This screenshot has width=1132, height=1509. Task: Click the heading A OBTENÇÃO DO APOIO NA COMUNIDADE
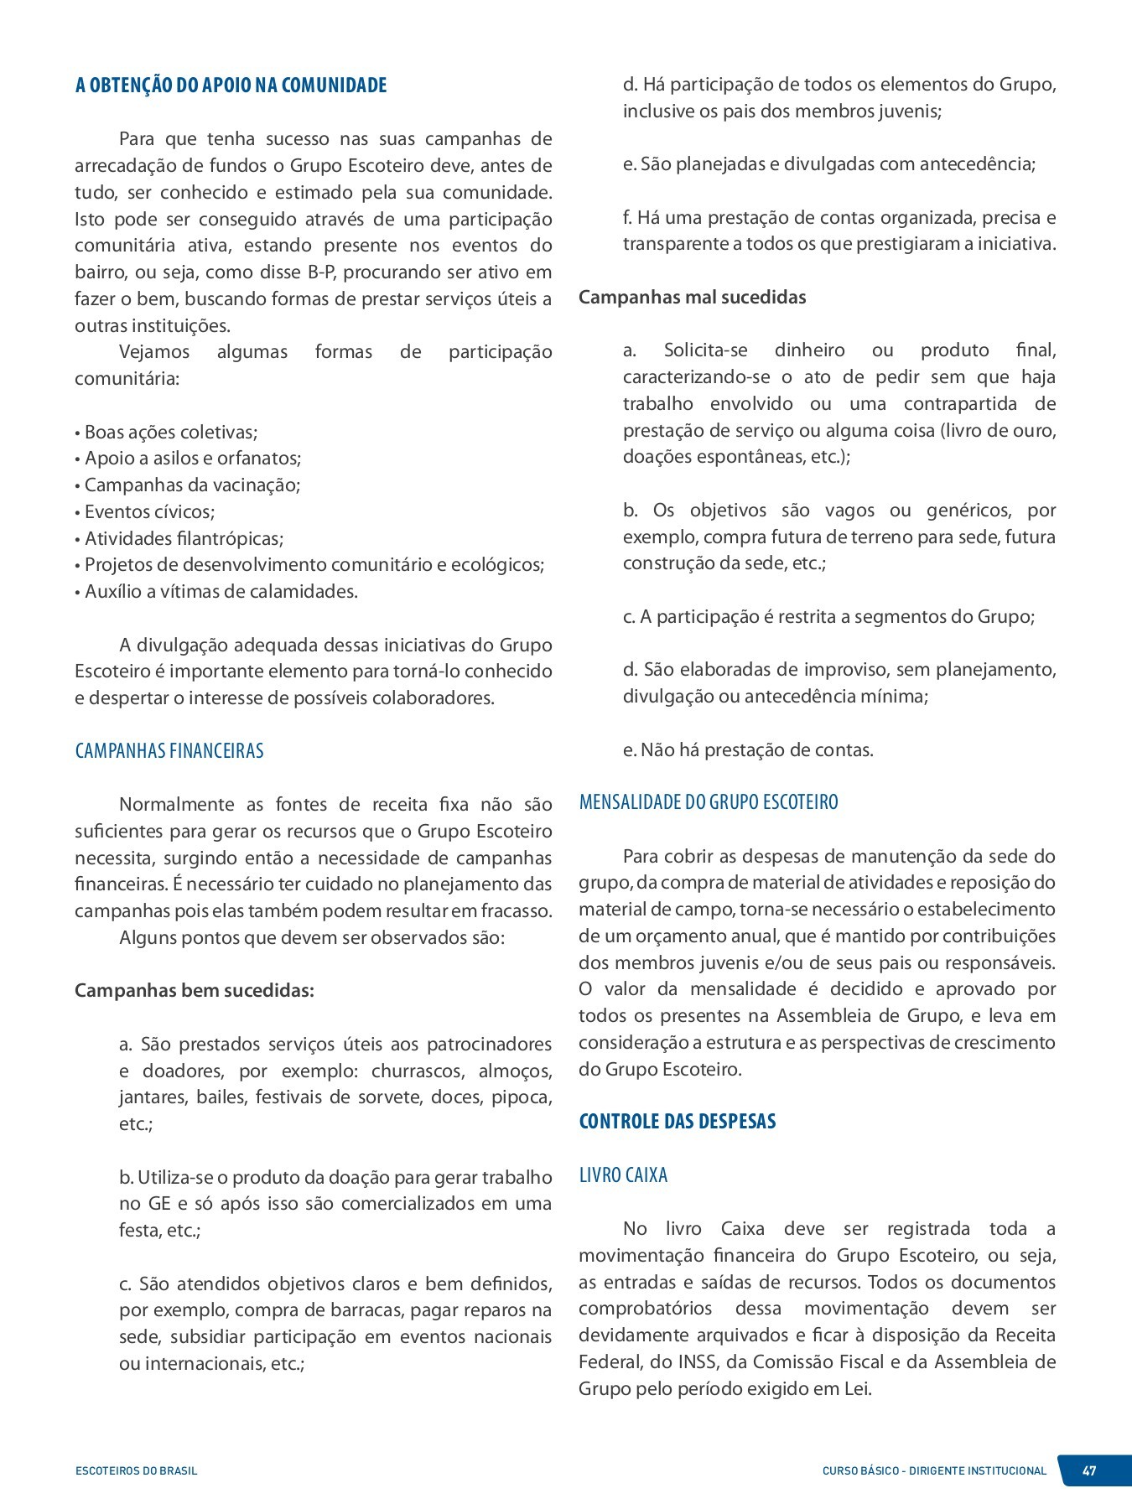click(x=231, y=86)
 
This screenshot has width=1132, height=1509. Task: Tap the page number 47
click(x=1089, y=1470)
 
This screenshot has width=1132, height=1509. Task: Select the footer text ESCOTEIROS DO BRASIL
click(x=137, y=1470)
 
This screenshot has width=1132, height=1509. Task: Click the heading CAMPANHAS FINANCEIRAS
click(x=169, y=750)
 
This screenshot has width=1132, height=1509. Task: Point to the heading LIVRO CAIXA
click(x=623, y=1175)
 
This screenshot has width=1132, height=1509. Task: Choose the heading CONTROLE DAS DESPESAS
click(x=677, y=1122)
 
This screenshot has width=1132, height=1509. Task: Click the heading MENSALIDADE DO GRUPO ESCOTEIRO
click(x=709, y=802)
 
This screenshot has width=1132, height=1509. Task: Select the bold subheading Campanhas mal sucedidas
click(x=692, y=298)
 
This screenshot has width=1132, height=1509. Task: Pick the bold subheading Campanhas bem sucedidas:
click(x=195, y=991)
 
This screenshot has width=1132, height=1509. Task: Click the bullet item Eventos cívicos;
click(x=149, y=511)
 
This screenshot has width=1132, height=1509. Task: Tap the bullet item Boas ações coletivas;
click(x=170, y=433)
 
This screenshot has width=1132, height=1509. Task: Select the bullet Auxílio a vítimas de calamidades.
click(x=221, y=592)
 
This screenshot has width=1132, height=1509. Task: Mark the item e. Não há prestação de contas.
click(x=748, y=750)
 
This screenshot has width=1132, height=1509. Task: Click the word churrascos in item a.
click(x=418, y=1071)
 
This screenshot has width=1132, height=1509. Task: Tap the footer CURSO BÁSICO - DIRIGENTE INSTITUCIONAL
click(x=934, y=1470)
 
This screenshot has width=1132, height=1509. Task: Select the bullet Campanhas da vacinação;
click(x=192, y=485)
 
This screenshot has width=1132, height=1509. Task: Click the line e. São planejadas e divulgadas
click(x=829, y=164)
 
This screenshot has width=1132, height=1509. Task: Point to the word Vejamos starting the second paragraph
click(x=154, y=352)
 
